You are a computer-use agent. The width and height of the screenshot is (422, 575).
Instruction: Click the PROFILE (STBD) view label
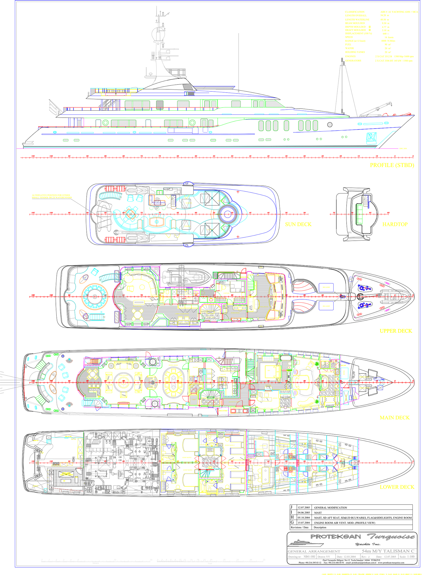coord(392,165)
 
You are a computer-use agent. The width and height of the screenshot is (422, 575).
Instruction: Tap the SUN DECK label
coord(298,224)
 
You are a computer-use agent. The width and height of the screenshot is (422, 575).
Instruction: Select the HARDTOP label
coord(395,224)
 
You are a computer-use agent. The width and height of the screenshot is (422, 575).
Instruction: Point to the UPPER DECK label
coord(396,331)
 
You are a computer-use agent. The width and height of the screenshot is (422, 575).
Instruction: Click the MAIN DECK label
coord(394,418)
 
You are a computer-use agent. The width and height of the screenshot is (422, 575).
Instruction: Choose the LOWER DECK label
coord(397,487)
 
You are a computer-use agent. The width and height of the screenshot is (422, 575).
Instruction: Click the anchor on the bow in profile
coord(371,138)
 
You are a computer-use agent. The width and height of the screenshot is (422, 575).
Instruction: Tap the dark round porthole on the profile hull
coord(330,125)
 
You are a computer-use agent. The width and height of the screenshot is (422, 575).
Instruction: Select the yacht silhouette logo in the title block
coord(305,543)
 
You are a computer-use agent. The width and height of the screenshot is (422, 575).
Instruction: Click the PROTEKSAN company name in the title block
coord(335,536)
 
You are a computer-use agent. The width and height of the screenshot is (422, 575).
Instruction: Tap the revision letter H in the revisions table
coord(292,517)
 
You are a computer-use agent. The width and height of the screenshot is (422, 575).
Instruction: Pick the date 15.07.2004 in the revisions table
coord(304,523)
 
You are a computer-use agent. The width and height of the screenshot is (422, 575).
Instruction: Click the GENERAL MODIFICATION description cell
coord(330,508)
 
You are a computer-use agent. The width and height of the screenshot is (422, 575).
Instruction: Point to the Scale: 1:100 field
coord(407,557)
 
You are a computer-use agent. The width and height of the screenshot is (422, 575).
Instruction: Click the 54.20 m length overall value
coord(385,16)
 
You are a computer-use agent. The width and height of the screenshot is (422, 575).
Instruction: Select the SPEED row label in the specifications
coord(349,37)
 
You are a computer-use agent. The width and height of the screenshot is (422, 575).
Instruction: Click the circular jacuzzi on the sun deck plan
coord(227,214)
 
